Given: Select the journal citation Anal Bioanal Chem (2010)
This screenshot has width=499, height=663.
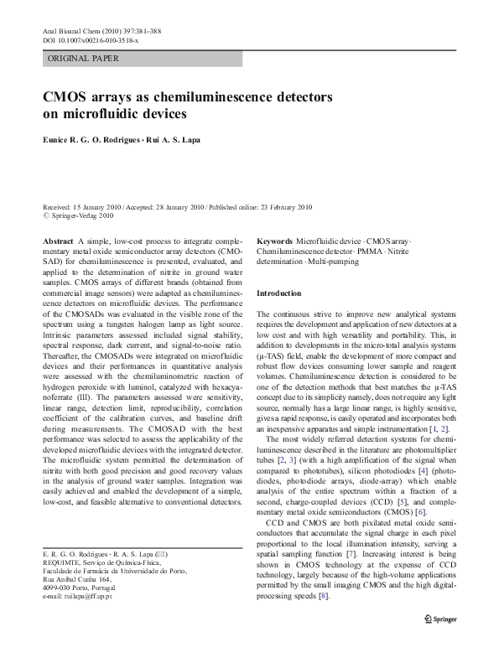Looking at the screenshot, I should point(84,31).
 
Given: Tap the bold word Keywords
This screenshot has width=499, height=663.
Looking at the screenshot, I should point(274,241).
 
